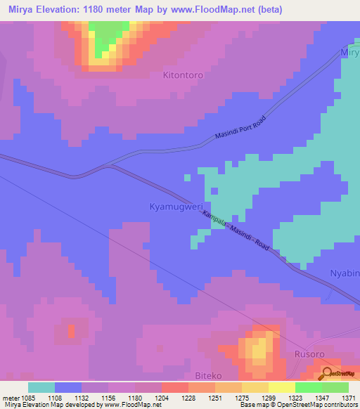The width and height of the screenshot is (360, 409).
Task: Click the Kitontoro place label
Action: coord(183,74)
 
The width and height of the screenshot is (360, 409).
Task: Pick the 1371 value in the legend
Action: coord(349,397)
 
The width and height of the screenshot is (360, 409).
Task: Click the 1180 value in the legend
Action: coord(136,397)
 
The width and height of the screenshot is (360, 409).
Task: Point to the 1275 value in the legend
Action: coord(242,397)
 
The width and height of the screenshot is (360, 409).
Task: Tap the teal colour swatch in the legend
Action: coord(41,387)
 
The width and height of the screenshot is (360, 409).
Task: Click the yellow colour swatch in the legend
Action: coord(281,387)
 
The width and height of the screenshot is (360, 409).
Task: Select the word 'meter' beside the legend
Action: coord(11,397)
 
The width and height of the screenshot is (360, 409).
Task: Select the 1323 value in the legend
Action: coord(295,397)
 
